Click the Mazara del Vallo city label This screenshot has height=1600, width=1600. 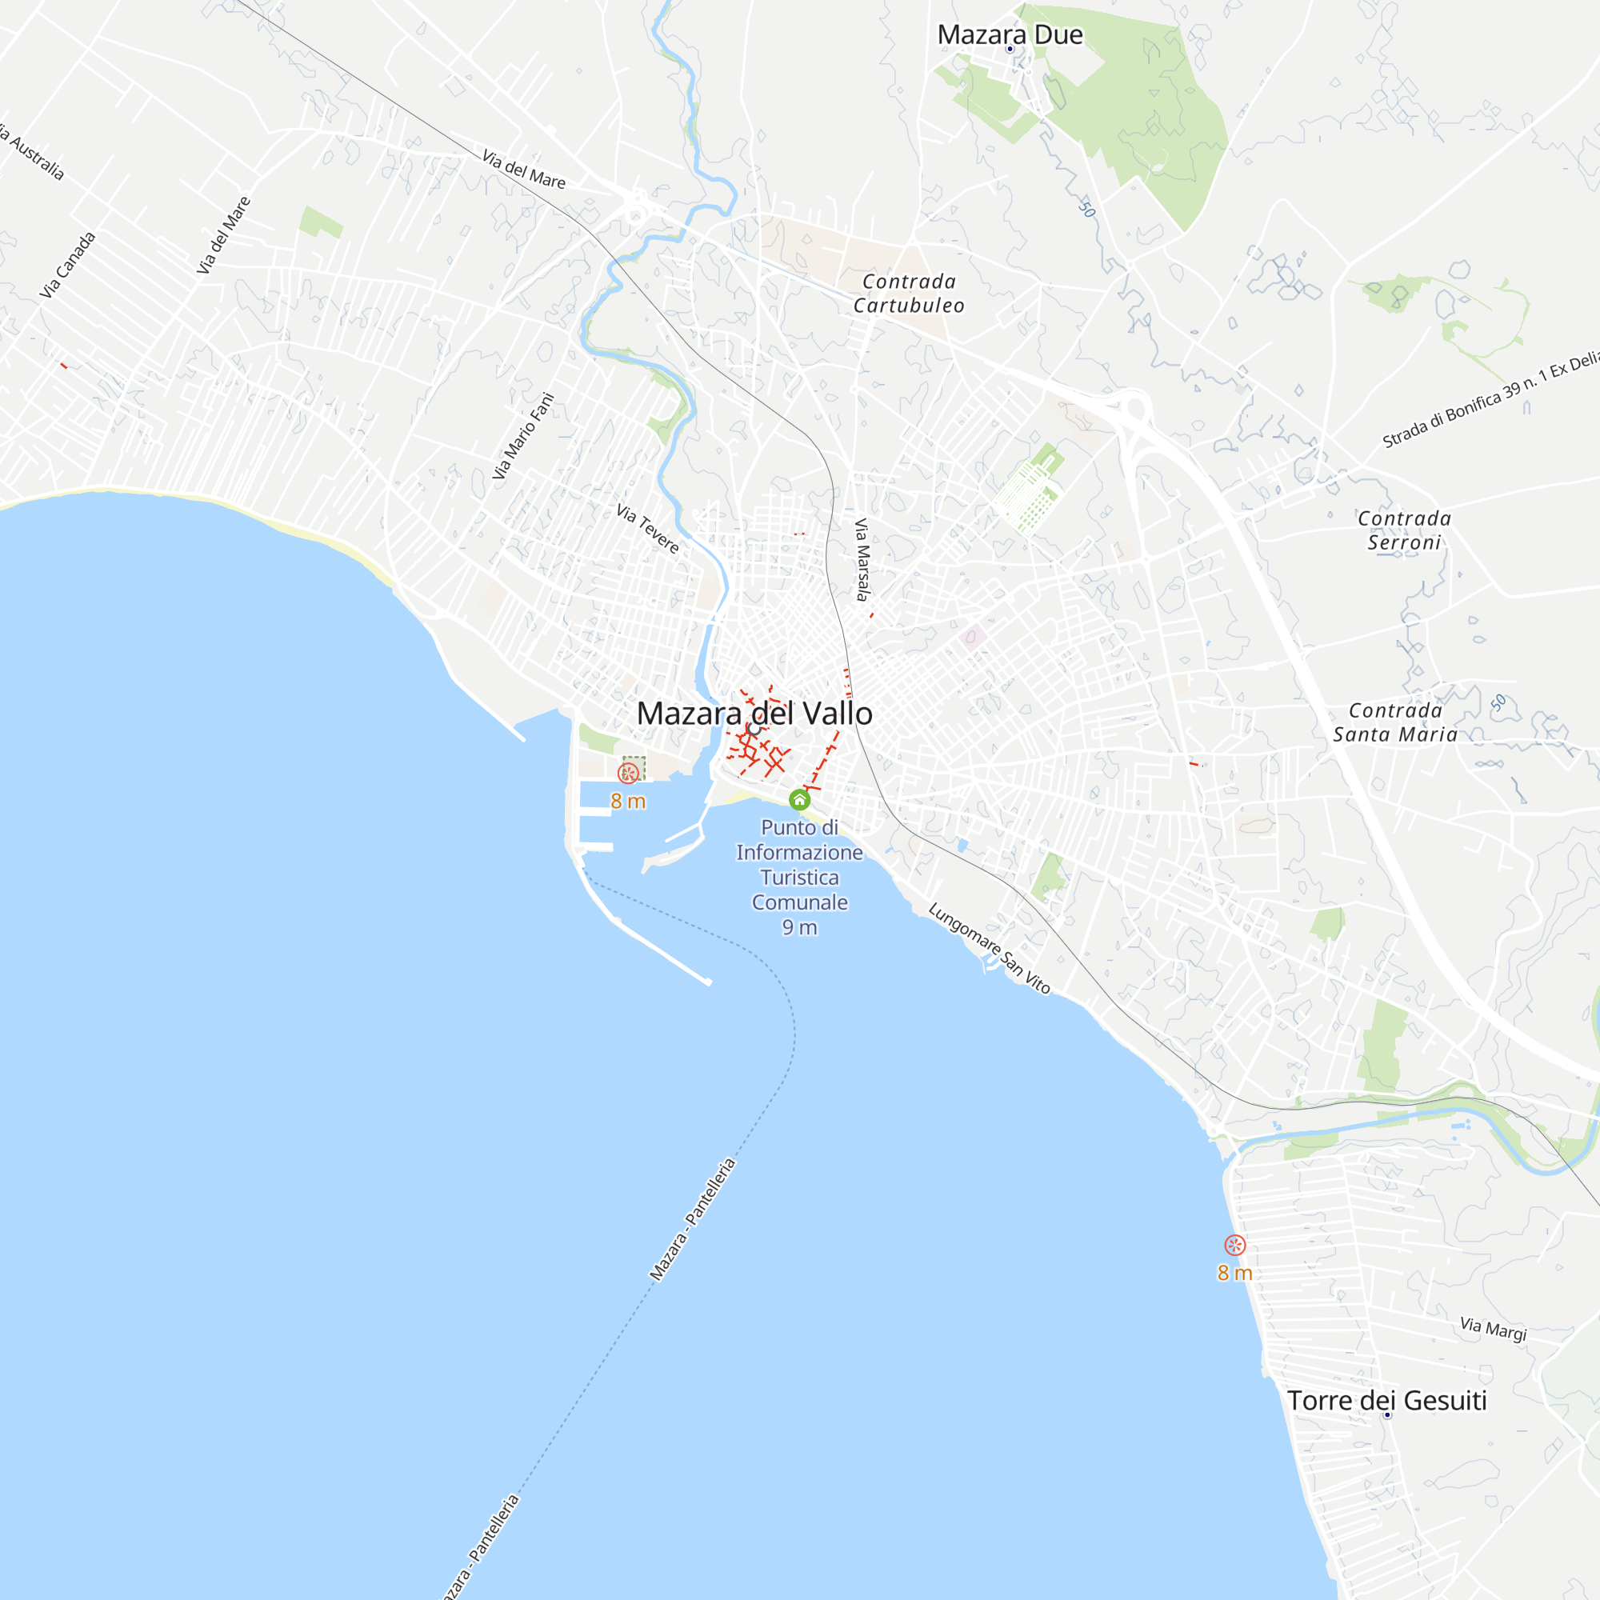(754, 714)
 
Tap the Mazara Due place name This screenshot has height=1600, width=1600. (1010, 34)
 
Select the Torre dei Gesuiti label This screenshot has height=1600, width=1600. (1387, 1401)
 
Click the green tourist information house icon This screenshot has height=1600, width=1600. (799, 800)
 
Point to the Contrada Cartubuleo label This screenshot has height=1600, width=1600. (909, 294)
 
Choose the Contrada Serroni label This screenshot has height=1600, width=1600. (1404, 531)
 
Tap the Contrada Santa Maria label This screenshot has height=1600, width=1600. (1395, 722)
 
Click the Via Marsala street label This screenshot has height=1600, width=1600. (862, 560)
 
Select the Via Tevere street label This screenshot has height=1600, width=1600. (648, 529)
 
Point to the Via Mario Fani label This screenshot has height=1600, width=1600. (522, 436)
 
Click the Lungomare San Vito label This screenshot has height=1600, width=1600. (989, 948)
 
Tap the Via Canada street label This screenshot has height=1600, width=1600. (68, 265)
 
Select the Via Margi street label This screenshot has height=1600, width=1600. (1493, 1329)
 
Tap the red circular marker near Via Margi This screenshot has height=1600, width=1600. (1234, 1245)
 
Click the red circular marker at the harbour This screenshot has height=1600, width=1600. (628, 774)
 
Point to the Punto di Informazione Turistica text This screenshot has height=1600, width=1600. (799, 865)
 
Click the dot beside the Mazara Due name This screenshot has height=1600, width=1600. (1010, 50)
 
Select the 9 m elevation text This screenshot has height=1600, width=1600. (799, 927)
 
